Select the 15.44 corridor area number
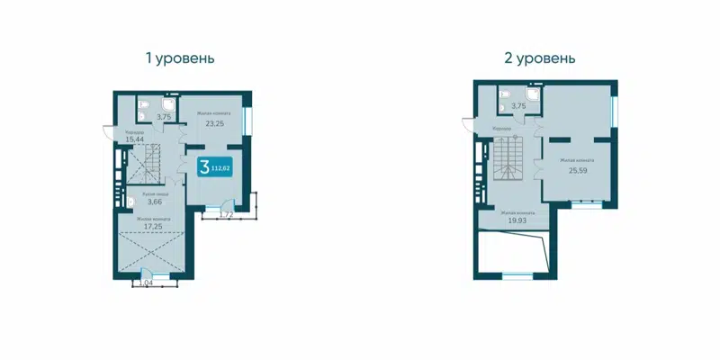[x=136, y=140]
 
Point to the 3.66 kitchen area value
[x=156, y=202]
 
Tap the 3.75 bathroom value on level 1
[x=164, y=116]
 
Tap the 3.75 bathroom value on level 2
[x=518, y=106]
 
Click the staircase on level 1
[x=144, y=166]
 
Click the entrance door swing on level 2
[x=470, y=125]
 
